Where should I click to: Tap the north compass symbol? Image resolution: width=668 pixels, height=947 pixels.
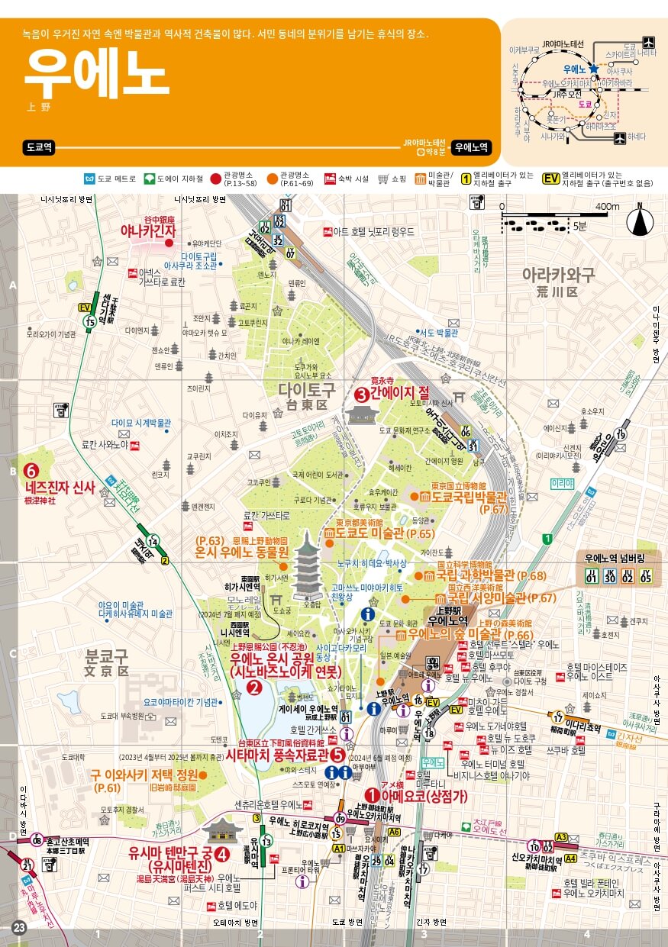[640, 221]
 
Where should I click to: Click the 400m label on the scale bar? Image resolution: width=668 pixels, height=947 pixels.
[608, 207]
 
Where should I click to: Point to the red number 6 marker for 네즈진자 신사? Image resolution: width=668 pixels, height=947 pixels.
[31, 471]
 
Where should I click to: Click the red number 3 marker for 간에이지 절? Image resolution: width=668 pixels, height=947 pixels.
[362, 395]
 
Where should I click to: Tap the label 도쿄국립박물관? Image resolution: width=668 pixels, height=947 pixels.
[473, 496]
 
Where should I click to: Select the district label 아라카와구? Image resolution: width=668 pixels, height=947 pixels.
[558, 275]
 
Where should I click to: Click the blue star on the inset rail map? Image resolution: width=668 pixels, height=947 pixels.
[593, 68]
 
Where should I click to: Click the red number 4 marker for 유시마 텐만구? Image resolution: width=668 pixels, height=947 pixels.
[222, 854]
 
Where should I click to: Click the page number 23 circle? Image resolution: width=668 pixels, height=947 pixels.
[19, 928]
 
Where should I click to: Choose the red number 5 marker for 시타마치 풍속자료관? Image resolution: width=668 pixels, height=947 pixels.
[337, 755]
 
